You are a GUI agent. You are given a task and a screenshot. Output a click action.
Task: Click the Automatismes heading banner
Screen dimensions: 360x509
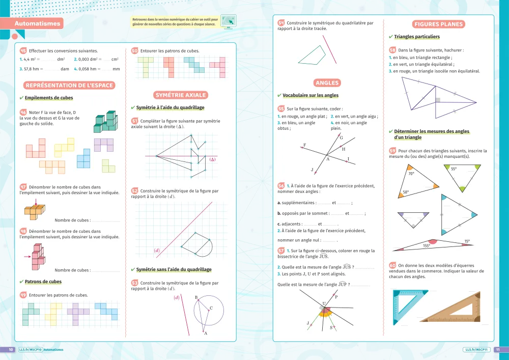pos(37,23)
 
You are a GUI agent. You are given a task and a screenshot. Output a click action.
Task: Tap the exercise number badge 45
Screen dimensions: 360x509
pos(23,50)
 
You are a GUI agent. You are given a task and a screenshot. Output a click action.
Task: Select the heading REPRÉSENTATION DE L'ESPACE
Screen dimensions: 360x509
pos(69,86)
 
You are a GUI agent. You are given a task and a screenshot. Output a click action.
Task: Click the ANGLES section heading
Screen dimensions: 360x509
pos(327,83)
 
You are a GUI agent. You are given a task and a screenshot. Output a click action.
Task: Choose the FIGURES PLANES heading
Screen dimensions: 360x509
pos(439,24)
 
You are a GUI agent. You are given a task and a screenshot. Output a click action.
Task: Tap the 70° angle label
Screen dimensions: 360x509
pos(411,174)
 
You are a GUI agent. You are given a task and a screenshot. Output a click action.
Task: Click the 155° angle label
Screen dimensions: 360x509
pos(427,246)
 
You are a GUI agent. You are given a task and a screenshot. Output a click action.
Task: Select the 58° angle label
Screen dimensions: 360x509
pos(406,192)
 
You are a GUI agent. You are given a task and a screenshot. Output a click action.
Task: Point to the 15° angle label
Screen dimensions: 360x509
pos(467,241)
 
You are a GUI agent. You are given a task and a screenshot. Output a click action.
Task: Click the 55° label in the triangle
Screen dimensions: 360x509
pos(454,169)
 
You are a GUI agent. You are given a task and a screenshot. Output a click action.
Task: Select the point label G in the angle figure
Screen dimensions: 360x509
pos(341,138)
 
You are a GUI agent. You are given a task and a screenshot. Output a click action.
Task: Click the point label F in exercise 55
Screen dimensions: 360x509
pos(304,145)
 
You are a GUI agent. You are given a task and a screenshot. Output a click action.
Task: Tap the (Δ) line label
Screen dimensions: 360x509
pos(213,159)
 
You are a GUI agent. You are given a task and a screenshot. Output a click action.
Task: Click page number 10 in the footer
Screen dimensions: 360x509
pos(10,350)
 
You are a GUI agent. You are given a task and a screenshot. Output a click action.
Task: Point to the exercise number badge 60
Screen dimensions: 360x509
pos(392,265)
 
